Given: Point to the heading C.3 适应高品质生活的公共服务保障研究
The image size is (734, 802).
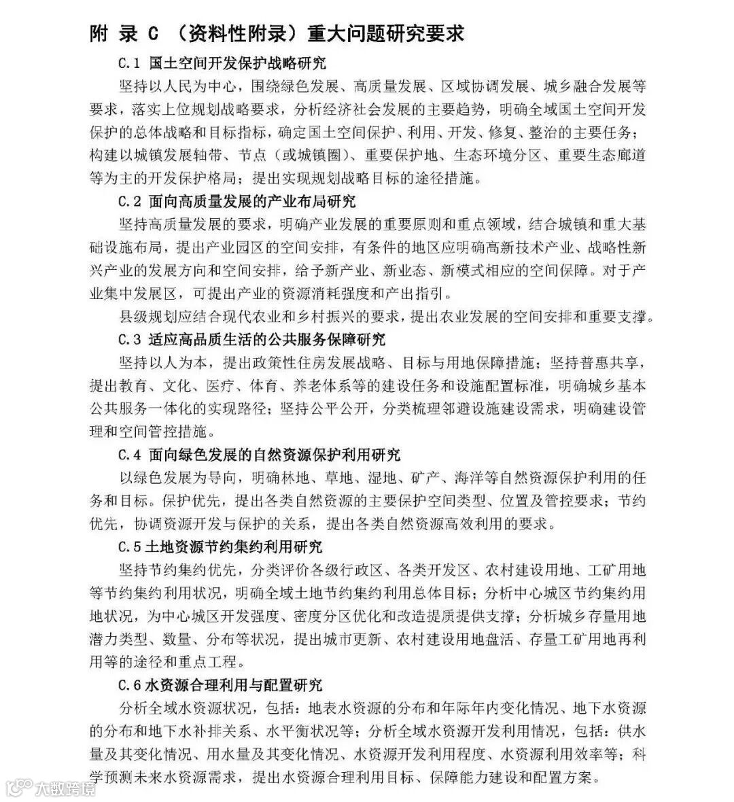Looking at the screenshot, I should (252, 339).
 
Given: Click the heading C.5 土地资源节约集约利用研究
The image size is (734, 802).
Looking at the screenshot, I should (221, 547).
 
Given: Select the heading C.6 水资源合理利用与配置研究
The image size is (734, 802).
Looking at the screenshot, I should (221, 685).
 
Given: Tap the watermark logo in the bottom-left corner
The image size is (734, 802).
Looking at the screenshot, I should (51, 788).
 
